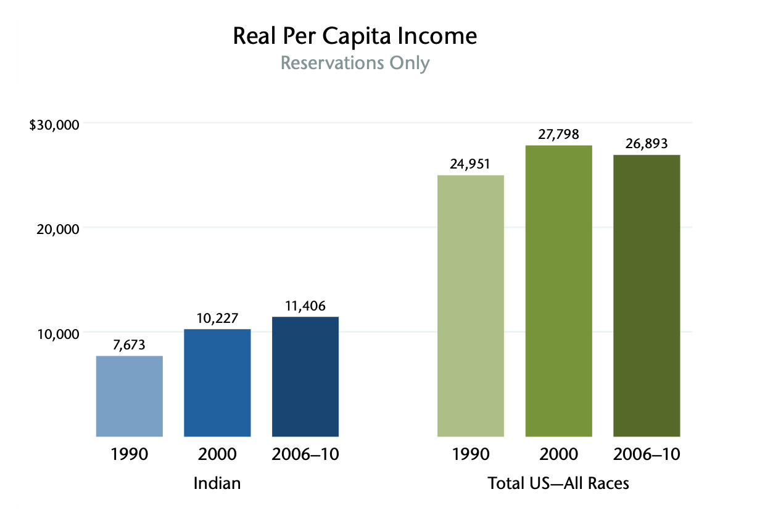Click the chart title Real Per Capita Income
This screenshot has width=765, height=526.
pos(355,36)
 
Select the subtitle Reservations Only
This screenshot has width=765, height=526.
pos(355,63)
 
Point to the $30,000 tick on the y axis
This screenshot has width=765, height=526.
pos(55,125)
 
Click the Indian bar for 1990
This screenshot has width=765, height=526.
pos(130,396)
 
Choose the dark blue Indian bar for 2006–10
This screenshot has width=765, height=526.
pos(305,377)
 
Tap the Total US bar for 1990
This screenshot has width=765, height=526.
pos(471,306)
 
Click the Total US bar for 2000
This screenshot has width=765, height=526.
pos(559,291)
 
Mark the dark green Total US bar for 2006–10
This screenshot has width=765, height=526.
pos(647,296)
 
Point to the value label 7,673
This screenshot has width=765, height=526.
pos(129,345)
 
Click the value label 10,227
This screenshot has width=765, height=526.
pos(217,319)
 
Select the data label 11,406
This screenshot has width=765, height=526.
pos(305,306)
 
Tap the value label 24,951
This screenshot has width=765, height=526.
pos(471,165)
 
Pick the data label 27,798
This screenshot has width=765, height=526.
pos(559,135)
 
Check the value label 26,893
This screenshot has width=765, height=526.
pos(647,144)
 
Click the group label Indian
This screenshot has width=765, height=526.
pos(217,483)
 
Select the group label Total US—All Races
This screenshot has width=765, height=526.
pos(558,483)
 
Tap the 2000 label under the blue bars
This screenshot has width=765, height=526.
pos(217,454)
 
